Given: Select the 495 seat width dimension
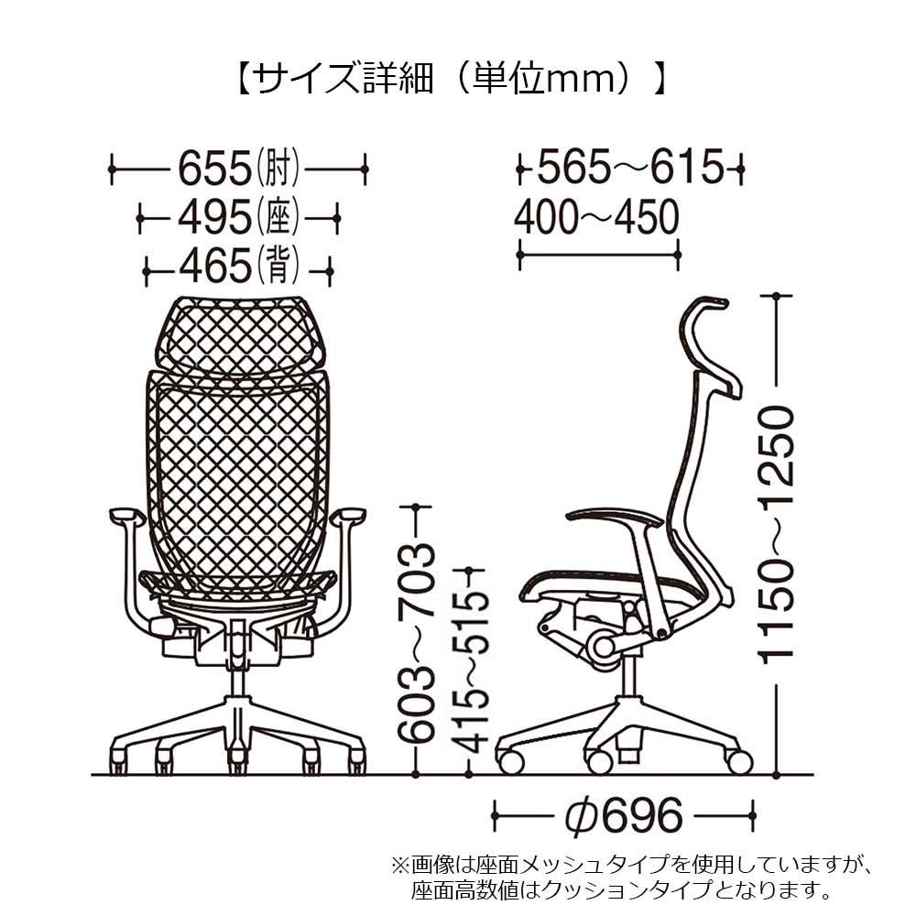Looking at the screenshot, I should (x=238, y=218).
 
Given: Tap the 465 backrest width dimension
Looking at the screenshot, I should (x=238, y=267).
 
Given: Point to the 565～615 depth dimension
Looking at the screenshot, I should (x=630, y=169).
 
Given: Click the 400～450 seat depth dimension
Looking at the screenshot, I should (x=596, y=218).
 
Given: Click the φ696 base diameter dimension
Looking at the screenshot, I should (x=623, y=812).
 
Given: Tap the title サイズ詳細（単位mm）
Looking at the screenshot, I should (x=449, y=80).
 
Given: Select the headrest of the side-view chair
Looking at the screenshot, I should (x=710, y=343).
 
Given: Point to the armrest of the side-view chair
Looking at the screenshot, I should (x=614, y=516).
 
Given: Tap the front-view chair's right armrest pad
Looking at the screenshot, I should (x=351, y=517).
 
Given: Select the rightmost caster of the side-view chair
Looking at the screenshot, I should (x=738, y=760).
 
